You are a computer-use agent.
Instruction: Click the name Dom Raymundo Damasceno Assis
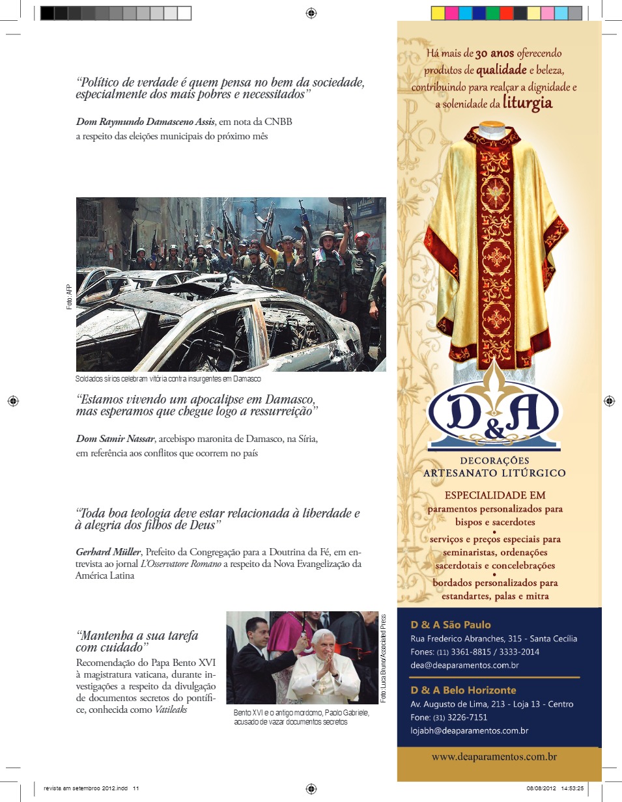click(x=145, y=122)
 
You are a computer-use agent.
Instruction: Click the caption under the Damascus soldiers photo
click(x=168, y=379)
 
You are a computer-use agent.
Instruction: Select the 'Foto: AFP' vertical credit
click(x=69, y=297)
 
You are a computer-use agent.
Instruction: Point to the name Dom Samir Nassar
click(x=115, y=438)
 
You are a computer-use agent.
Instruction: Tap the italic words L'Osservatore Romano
click(x=181, y=564)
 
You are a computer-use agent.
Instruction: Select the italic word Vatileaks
click(x=171, y=710)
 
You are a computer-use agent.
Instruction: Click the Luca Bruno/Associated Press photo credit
click(x=384, y=657)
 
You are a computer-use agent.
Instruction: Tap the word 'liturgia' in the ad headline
click(x=528, y=102)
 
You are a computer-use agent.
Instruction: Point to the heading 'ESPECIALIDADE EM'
click(x=495, y=495)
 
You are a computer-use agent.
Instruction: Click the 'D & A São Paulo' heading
click(x=451, y=625)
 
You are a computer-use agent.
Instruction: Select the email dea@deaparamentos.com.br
click(x=464, y=665)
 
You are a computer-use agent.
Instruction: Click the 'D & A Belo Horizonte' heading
click(x=463, y=690)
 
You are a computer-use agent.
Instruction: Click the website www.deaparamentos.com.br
click(x=494, y=757)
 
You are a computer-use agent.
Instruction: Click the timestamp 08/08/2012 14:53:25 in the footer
click(x=554, y=788)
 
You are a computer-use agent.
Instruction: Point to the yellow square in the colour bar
click(x=438, y=13)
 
